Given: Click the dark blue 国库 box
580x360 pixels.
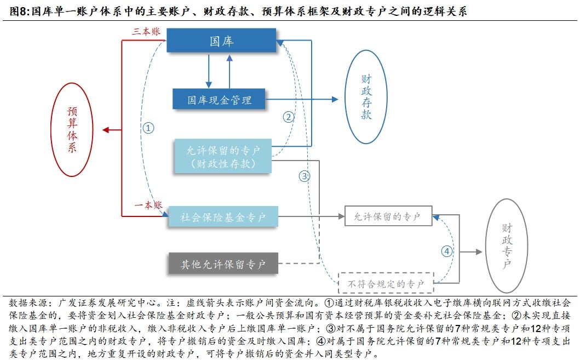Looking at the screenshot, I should click(x=221, y=41).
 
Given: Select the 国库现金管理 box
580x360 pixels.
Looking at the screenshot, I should click(x=219, y=100).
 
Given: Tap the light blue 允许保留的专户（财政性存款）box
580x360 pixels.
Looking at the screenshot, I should click(x=222, y=156).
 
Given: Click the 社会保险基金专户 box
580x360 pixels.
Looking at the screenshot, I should click(x=223, y=218).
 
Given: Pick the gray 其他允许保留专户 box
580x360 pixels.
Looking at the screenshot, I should click(x=223, y=264).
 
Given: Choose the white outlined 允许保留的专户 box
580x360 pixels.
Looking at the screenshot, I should click(x=388, y=216).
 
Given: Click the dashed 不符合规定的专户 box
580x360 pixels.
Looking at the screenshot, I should click(x=386, y=284).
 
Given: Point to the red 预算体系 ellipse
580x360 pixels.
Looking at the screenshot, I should click(x=72, y=130).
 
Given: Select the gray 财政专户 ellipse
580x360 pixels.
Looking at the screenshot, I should click(x=507, y=245).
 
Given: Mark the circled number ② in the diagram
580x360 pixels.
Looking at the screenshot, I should click(x=289, y=116).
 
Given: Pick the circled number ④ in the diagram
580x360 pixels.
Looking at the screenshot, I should click(x=447, y=252).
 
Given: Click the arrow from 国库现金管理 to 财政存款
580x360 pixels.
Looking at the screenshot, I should click(x=301, y=100).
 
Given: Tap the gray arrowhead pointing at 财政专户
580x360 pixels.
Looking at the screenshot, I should click(x=479, y=252).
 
